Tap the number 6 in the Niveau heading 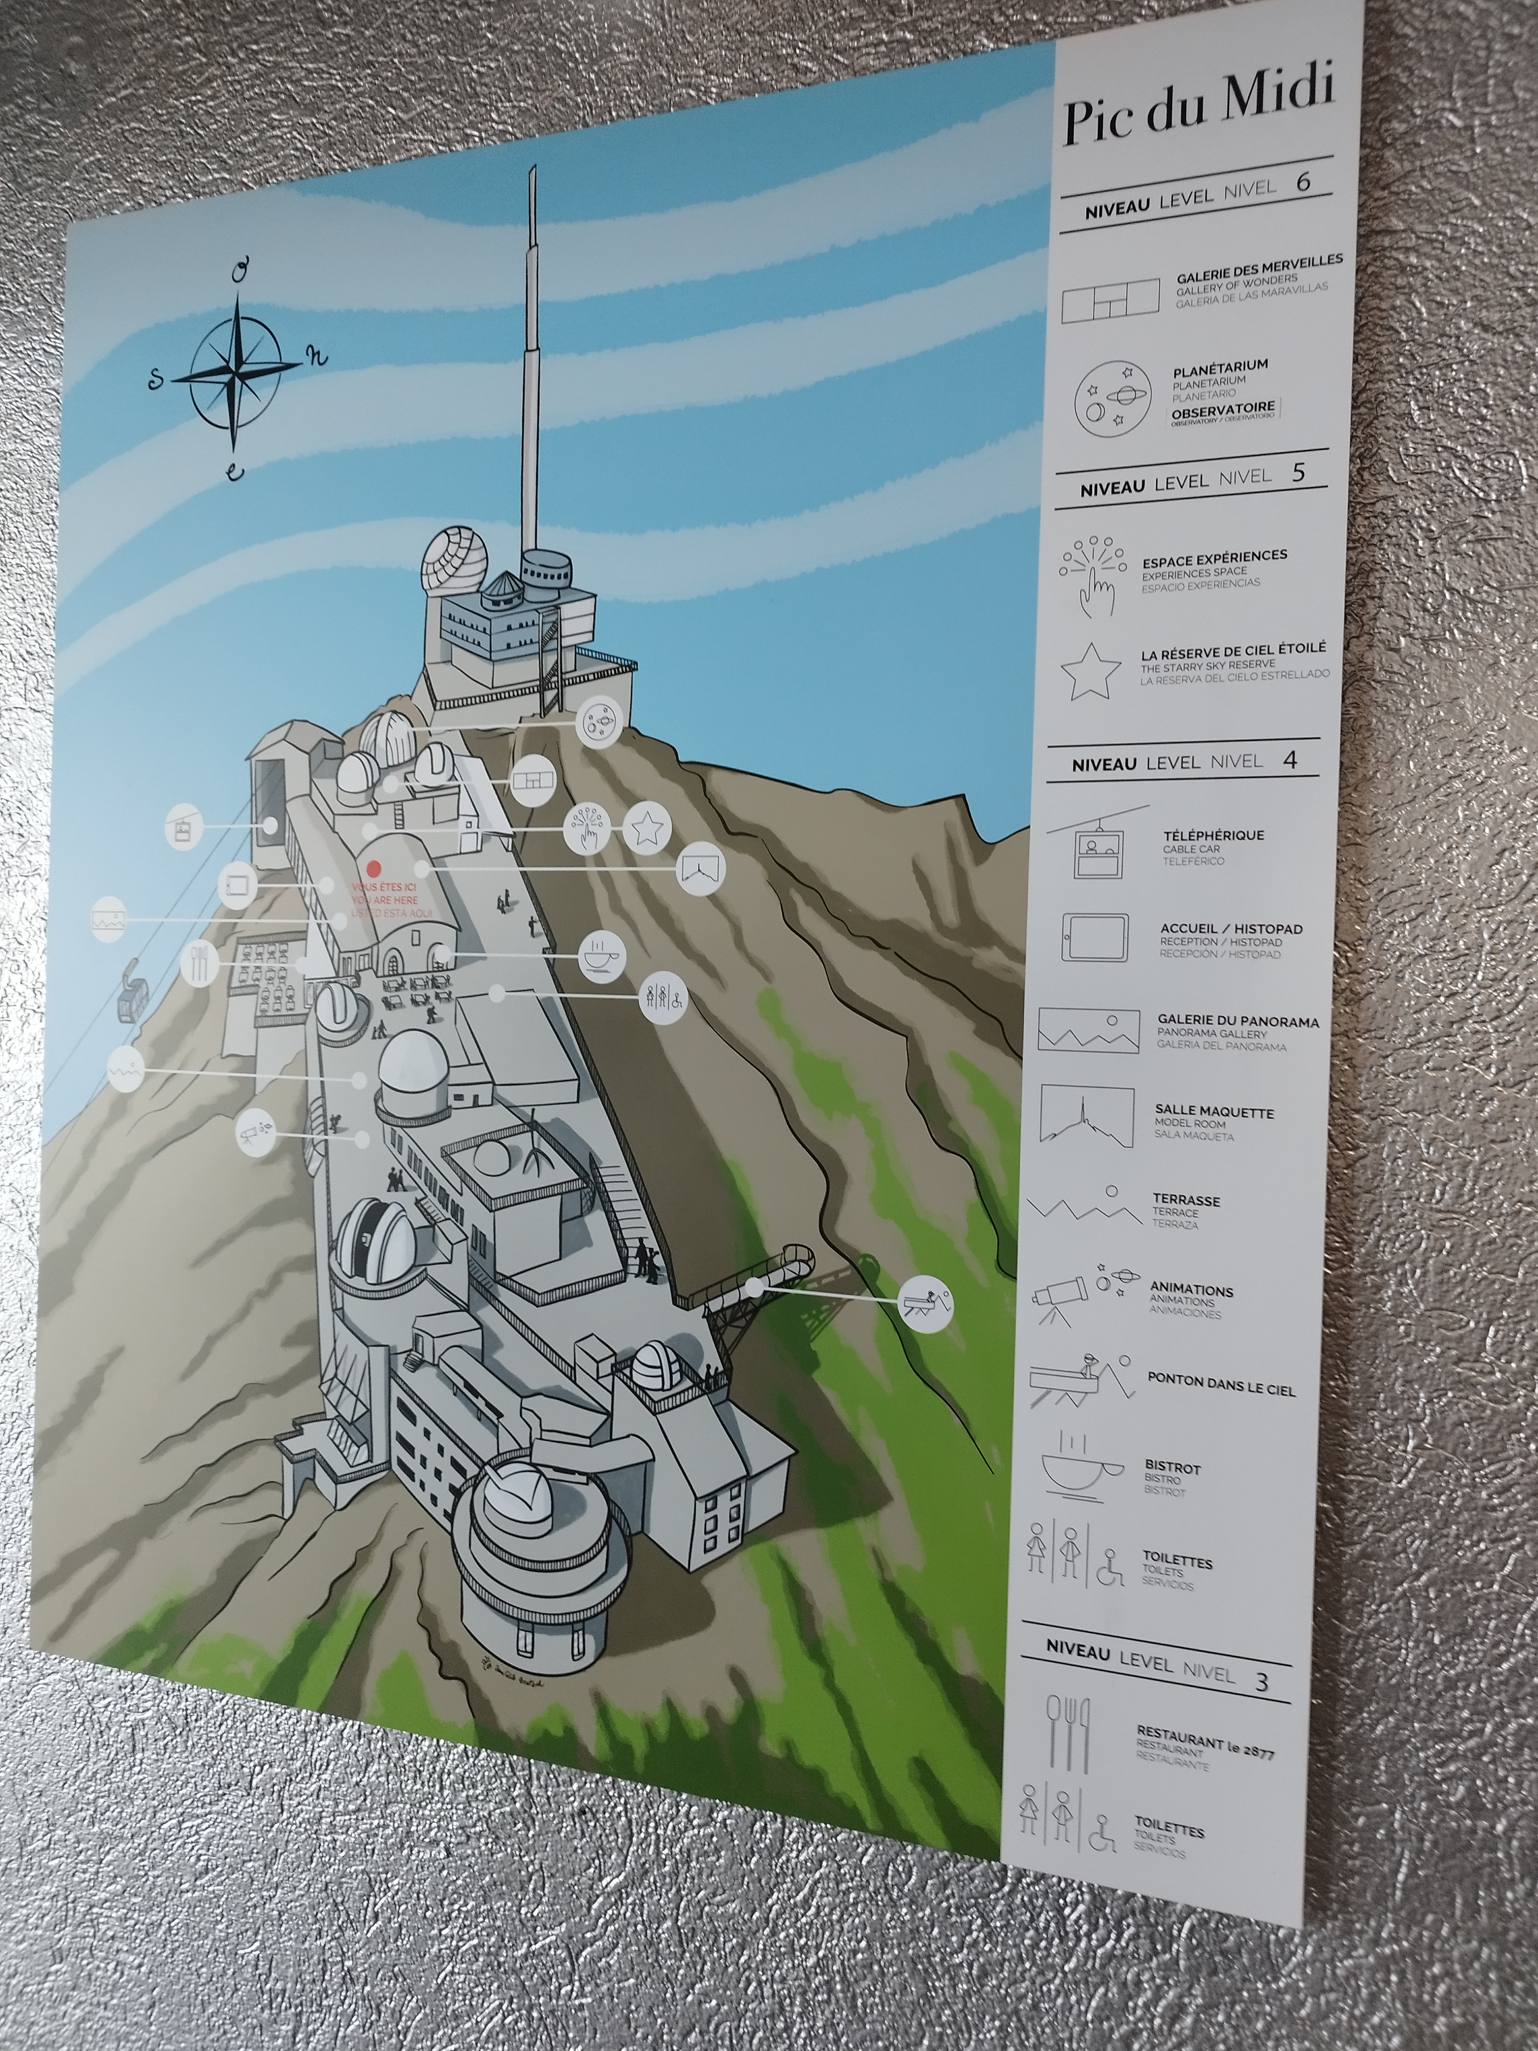pyautogui.click(x=1303, y=183)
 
